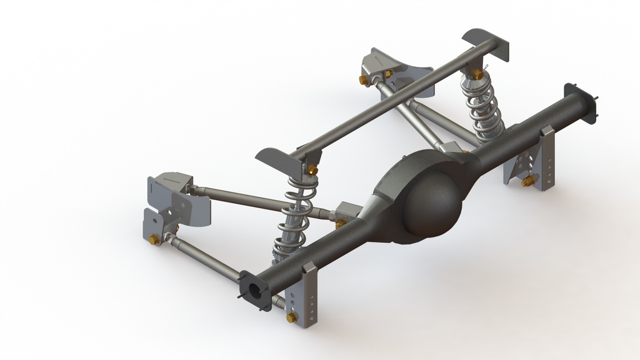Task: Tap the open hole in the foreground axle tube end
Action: [256, 291]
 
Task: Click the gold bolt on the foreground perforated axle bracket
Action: [291, 317]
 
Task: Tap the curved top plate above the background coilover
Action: [486, 42]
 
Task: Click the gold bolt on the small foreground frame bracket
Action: [154, 239]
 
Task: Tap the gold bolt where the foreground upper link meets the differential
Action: [341, 222]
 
